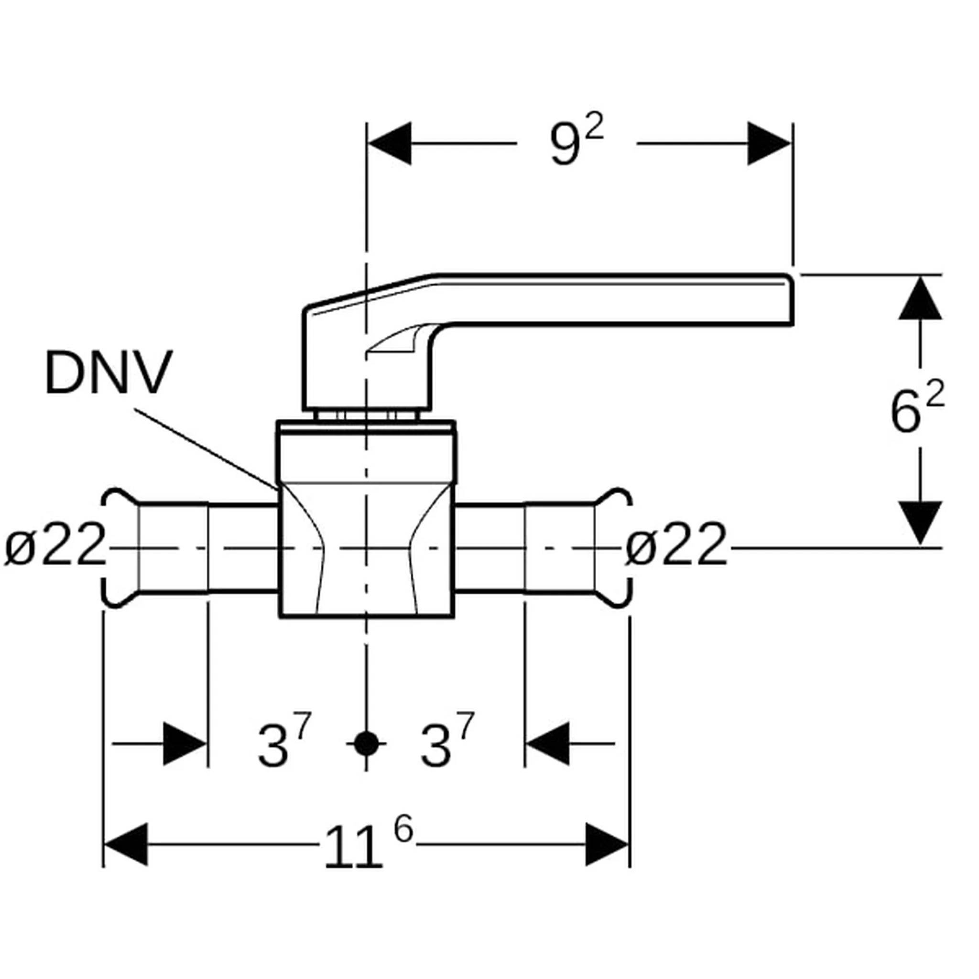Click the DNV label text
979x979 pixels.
[x=109, y=372]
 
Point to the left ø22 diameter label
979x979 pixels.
[x=54, y=544]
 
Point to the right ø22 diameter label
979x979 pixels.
[x=676, y=544]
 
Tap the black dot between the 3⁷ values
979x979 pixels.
[x=366, y=744]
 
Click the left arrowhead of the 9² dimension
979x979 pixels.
[x=389, y=143]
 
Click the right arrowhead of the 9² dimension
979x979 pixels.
[x=769, y=143]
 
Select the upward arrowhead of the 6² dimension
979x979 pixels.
[x=920, y=297]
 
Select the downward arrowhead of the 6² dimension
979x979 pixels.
[x=920, y=523]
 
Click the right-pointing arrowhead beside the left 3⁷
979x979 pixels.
[x=185, y=744]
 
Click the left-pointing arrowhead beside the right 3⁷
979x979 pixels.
[x=547, y=744]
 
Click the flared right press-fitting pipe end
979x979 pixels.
[x=614, y=547]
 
